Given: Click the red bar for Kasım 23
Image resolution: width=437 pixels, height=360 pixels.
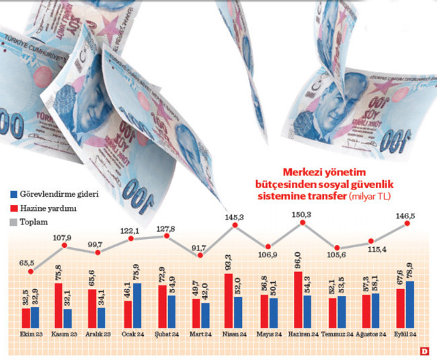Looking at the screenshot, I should [x=58, y=306].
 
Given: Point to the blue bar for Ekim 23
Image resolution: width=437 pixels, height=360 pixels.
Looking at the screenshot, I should [x=35, y=316].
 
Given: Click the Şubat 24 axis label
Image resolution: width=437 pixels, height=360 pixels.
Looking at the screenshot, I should [x=167, y=334].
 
